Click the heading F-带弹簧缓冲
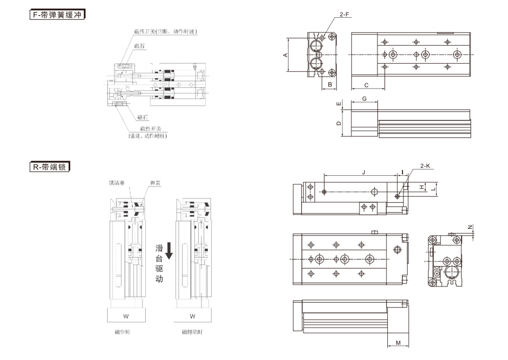coord(56,15)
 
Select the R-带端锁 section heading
coord(48,167)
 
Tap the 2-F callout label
coord(344,15)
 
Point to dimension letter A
coord(285,55)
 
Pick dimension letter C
coord(367,85)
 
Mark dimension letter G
coord(364,99)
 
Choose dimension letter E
coord(338,104)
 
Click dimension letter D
coord(338,123)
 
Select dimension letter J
coord(363,172)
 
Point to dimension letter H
coord(422,187)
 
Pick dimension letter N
coord(469,227)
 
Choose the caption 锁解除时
coord(192,332)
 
